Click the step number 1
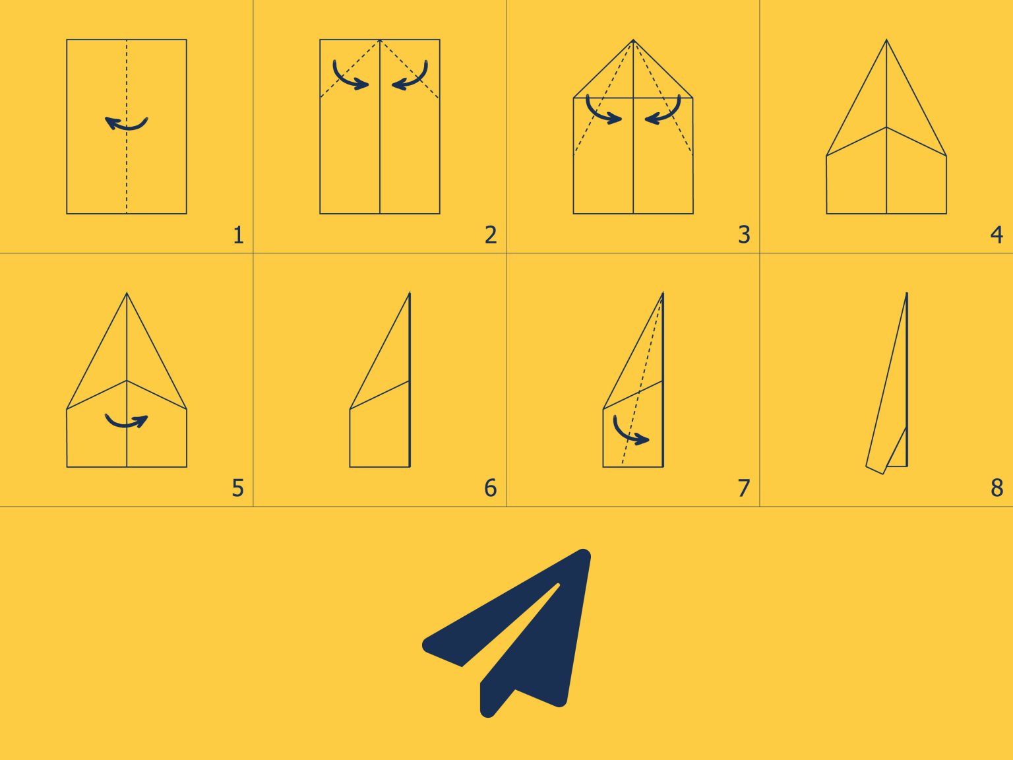[238, 235]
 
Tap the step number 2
[490, 235]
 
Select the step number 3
[744, 235]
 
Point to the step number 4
[997, 235]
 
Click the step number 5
[237, 488]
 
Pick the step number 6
[490, 488]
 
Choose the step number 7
[744, 488]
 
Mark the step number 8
[997, 488]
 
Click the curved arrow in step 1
[127, 123]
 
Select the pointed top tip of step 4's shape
[886, 41]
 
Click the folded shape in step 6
[386, 409]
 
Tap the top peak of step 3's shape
[633, 41]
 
